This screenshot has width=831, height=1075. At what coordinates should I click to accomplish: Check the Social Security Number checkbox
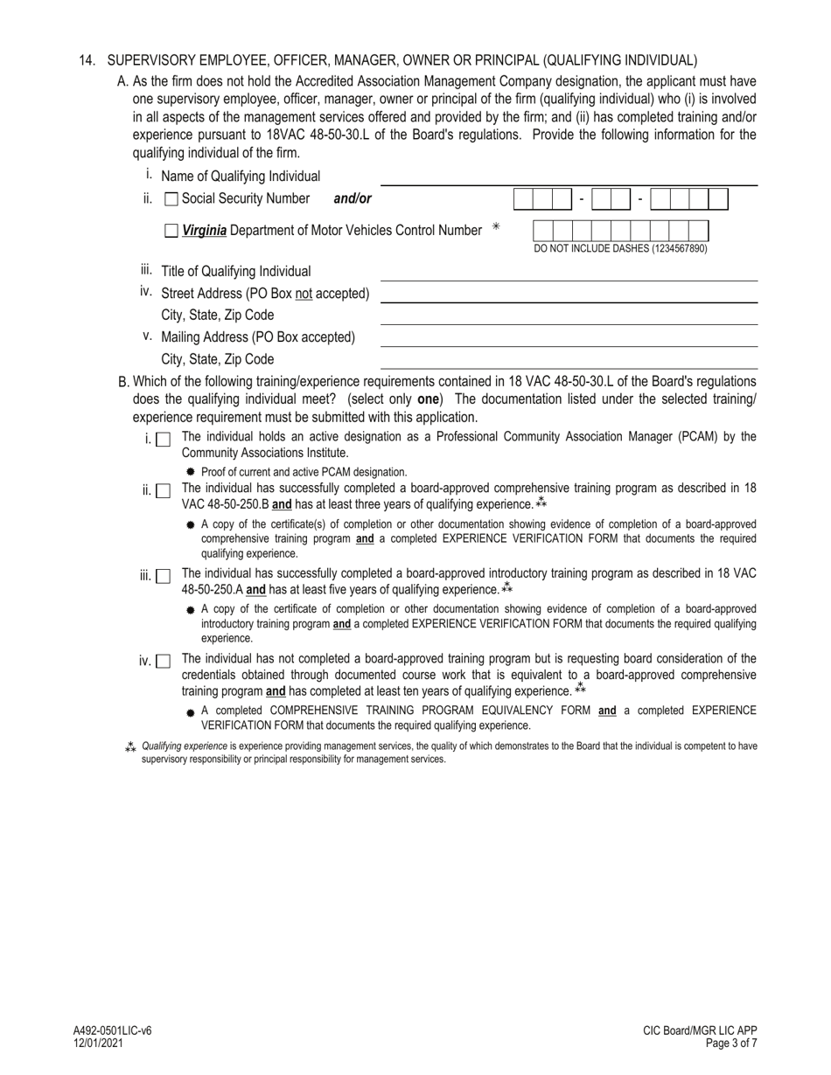[x=171, y=199]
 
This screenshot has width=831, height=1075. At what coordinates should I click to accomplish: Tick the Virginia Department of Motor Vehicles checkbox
[x=171, y=232]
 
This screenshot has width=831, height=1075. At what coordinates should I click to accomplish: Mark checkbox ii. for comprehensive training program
[x=163, y=491]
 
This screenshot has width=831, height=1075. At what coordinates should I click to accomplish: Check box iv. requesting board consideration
[x=163, y=662]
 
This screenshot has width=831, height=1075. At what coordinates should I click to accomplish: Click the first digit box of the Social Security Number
[x=523, y=200]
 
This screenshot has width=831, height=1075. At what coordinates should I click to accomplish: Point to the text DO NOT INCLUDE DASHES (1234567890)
[x=620, y=249]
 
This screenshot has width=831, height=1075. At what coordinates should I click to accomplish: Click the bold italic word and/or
[x=353, y=199]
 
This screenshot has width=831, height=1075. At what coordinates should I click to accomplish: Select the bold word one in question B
[x=428, y=399]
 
